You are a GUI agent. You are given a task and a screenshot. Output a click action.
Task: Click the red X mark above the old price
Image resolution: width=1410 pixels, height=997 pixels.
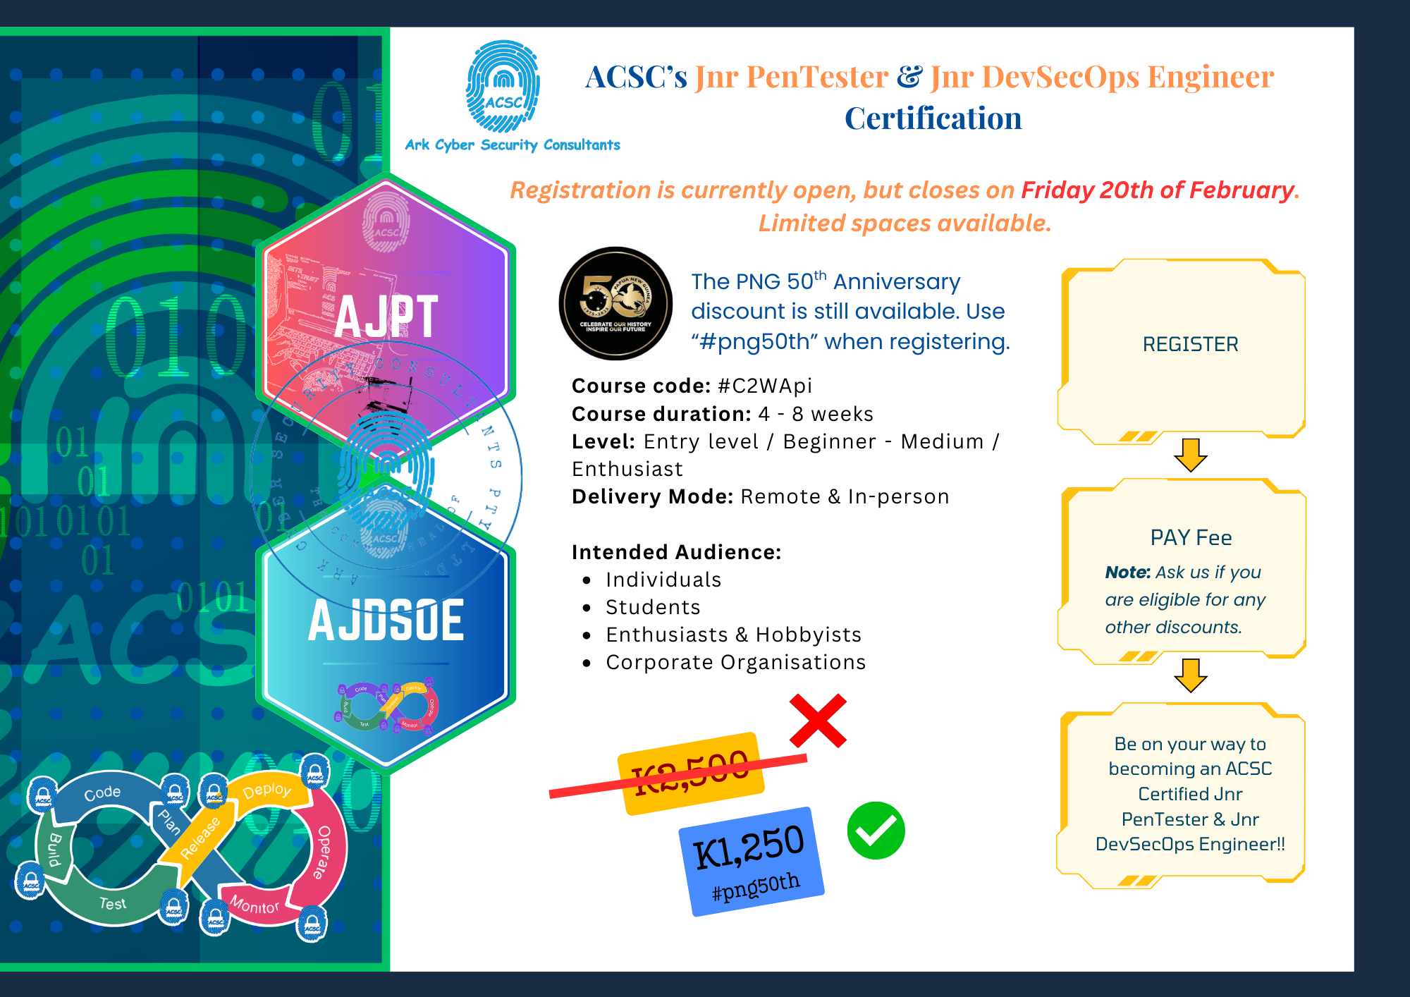(x=818, y=721)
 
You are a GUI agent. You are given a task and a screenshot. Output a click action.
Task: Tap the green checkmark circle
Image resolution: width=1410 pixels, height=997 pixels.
(x=876, y=831)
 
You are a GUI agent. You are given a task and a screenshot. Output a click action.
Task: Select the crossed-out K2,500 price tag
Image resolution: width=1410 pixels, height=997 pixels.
(x=691, y=773)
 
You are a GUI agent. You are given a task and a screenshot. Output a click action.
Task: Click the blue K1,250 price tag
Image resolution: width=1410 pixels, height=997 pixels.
(x=750, y=860)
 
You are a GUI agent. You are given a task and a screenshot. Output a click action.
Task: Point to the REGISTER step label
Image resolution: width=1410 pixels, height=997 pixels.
(x=1190, y=344)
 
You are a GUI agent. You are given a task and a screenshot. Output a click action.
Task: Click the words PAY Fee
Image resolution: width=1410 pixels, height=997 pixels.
(x=1191, y=537)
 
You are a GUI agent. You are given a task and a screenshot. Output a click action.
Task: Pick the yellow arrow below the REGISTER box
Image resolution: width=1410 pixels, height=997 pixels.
(x=1191, y=455)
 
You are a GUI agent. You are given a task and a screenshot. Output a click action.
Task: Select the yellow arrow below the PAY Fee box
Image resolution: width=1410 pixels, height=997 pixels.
(x=1191, y=675)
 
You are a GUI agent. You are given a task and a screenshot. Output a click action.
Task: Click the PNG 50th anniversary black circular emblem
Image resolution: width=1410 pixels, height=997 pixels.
(x=615, y=303)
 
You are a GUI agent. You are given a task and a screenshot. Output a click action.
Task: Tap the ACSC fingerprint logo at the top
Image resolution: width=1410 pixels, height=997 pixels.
(x=503, y=87)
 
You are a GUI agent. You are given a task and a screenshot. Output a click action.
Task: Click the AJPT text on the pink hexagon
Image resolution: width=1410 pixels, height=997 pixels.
(x=386, y=317)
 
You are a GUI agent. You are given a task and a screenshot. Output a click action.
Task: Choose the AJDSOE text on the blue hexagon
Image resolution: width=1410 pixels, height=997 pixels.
(x=386, y=620)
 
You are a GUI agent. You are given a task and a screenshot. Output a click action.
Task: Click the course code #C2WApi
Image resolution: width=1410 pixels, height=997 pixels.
(x=765, y=386)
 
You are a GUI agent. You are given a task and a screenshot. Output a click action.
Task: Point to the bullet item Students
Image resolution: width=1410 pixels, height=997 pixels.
(x=653, y=607)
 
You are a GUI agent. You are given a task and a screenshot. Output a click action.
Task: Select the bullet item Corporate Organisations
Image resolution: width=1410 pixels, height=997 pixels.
(x=735, y=662)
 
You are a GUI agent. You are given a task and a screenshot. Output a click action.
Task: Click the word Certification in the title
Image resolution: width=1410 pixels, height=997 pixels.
(x=933, y=118)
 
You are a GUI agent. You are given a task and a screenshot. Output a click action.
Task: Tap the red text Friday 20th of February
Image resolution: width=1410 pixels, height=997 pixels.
(x=1158, y=190)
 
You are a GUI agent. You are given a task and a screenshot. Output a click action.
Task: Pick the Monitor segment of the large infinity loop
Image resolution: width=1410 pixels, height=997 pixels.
(x=255, y=905)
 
